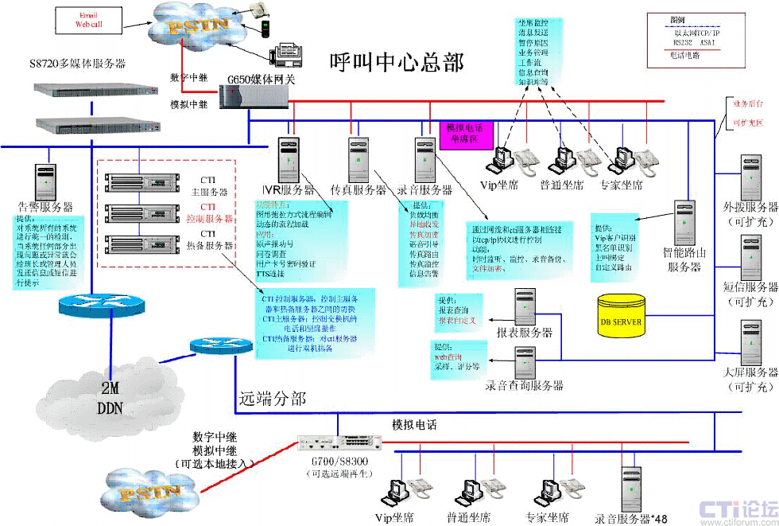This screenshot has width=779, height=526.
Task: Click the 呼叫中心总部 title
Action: [x=397, y=61]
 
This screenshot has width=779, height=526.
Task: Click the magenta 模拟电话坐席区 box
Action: [x=467, y=133]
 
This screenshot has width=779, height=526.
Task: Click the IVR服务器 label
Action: [x=288, y=190]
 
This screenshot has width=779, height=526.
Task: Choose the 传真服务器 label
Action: [x=358, y=190]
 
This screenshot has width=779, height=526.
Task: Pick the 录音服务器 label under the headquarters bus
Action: [x=424, y=190]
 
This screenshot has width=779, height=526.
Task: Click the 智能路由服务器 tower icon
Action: [x=685, y=224]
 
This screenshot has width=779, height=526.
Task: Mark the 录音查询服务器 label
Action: [x=524, y=385]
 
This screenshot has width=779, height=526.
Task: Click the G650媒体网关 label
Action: [x=262, y=80]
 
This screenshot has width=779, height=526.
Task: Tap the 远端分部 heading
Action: [x=272, y=398]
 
